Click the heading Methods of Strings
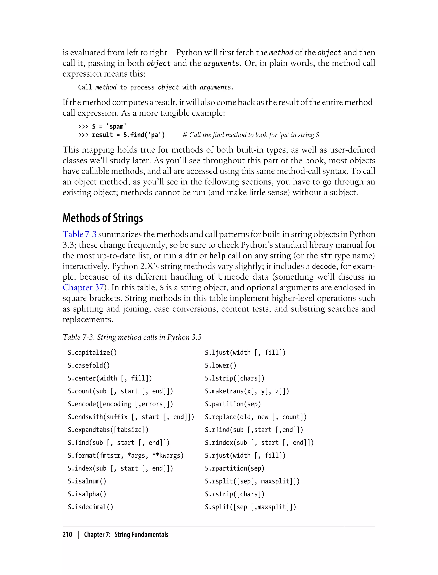click(x=103, y=218)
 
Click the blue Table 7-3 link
click(x=80, y=234)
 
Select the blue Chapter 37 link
click(x=83, y=287)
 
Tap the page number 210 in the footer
click(x=67, y=535)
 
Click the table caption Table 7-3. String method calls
click(x=132, y=337)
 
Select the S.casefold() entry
click(x=89, y=365)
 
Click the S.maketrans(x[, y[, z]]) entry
click(x=247, y=391)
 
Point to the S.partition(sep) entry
click(x=232, y=404)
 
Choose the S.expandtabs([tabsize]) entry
click(x=108, y=430)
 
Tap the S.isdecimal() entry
click(x=90, y=507)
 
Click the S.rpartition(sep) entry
click(x=234, y=468)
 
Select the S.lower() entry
click(x=220, y=365)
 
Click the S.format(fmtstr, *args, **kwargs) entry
click(x=126, y=456)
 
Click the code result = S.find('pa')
click(x=128, y=135)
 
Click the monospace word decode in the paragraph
click(x=324, y=266)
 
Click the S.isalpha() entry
click(x=87, y=494)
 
